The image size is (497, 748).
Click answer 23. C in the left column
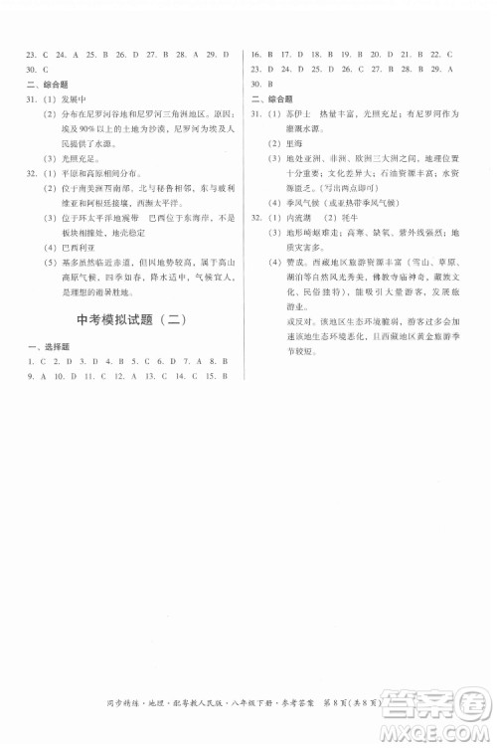click(x=34, y=54)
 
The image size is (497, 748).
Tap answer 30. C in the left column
click(x=34, y=70)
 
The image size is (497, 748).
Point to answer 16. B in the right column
click(x=259, y=54)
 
